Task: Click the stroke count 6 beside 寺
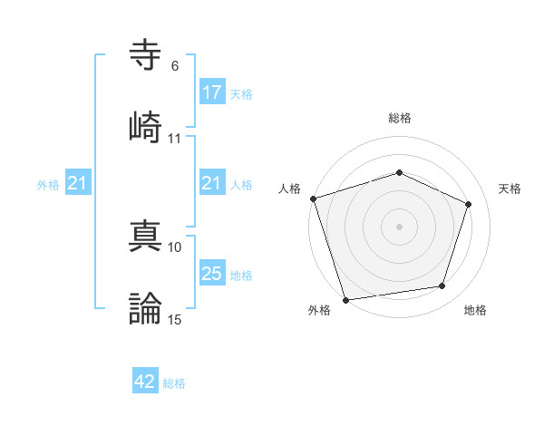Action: (x=175, y=66)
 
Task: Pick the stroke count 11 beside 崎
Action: (x=175, y=138)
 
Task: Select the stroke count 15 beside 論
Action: (x=175, y=319)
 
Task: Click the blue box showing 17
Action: (x=211, y=92)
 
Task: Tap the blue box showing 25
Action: (x=211, y=274)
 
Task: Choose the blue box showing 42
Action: (x=145, y=382)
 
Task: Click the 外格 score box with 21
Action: (x=78, y=184)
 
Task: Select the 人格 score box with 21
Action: (x=211, y=184)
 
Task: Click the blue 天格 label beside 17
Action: (x=241, y=93)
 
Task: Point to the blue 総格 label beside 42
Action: (x=174, y=383)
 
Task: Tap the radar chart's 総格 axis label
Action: (x=400, y=118)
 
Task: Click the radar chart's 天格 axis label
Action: (x=510, y=189)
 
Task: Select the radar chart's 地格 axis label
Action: (x=475, y=310)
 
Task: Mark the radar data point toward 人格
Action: (x=313, y=198)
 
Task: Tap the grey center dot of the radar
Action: (x=400, y=226)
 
